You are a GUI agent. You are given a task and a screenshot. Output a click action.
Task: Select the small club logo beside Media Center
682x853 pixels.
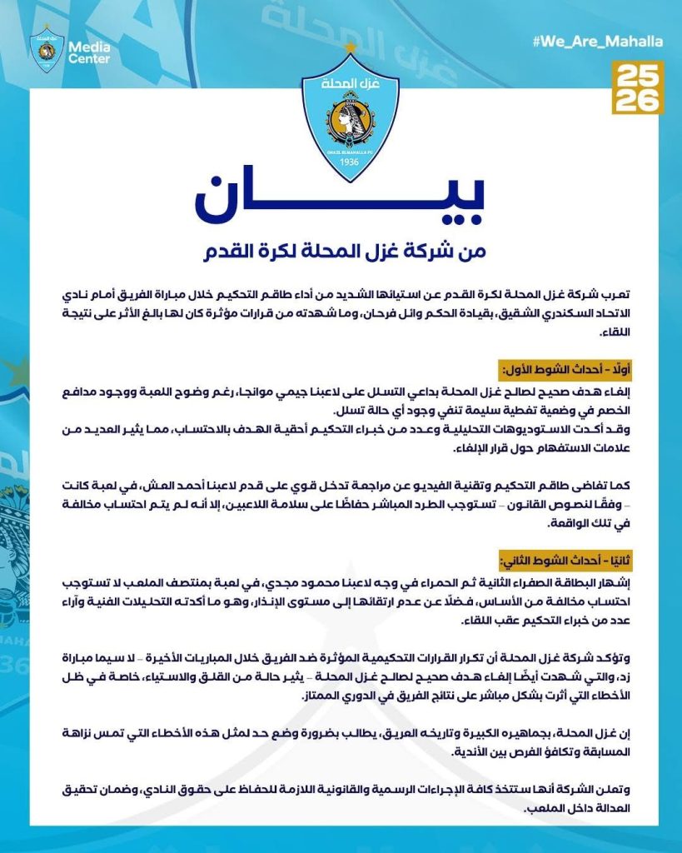tap(47, 48)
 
